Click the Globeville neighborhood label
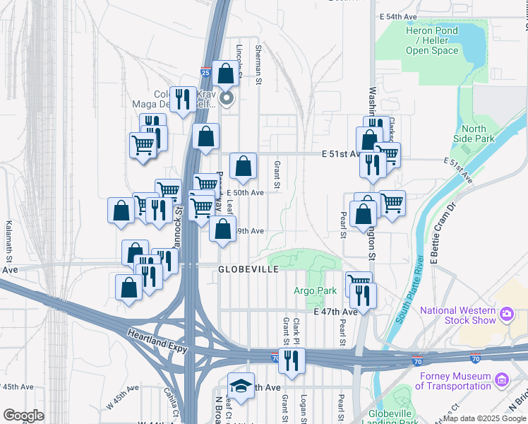pos(249,269)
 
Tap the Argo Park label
pos(315,290)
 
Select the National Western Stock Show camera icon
pos(507,313)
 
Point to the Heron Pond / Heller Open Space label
pos(432,40)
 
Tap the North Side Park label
pos(474,134)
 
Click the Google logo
pos(24,416)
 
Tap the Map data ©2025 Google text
pos(484,418)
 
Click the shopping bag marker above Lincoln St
pos(225,73)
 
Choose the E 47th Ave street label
pos(335,312)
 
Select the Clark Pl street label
pos(297,329)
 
